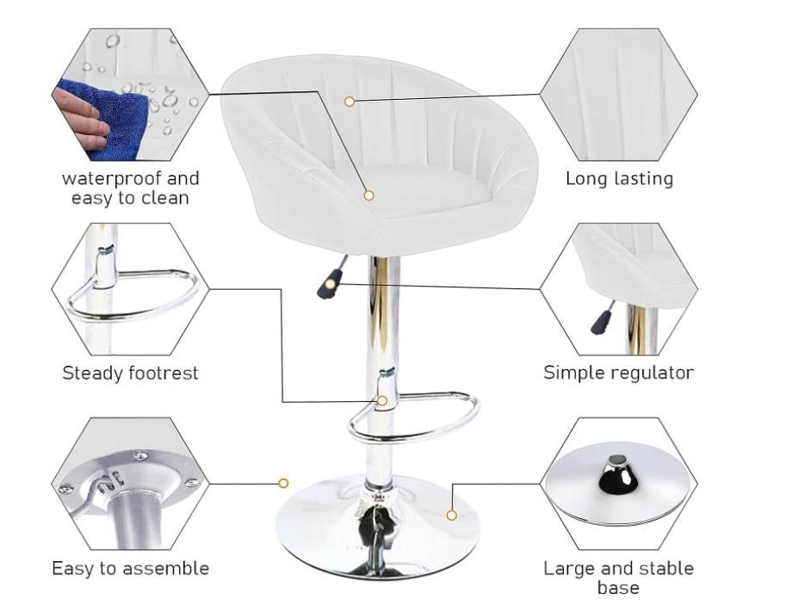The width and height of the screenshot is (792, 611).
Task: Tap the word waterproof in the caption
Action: point(109,179)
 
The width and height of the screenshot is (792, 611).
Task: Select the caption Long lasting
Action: point(619,179)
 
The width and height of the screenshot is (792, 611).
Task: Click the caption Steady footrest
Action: point(130,373)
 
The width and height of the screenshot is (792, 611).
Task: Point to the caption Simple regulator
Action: point(619,373)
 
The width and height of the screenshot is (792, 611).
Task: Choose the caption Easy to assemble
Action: point(130,568)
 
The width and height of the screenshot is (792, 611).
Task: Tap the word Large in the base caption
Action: point(569,569)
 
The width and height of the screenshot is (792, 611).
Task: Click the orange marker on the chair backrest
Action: point(349,102)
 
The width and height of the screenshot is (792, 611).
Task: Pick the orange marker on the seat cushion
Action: point(368,195)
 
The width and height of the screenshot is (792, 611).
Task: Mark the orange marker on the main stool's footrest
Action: point(382,400)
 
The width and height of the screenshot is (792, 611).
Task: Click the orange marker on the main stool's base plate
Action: point(452,515)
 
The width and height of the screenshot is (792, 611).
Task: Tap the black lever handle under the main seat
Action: point(329,284)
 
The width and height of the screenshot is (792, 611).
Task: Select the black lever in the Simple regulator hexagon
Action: point(601,322)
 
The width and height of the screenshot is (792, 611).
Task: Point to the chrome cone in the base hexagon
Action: point(616,476)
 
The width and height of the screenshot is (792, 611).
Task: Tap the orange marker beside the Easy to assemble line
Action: point(283,484)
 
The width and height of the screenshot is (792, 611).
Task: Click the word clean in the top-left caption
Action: point(164,197)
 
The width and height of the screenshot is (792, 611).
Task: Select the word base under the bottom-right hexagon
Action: point(618,588)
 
